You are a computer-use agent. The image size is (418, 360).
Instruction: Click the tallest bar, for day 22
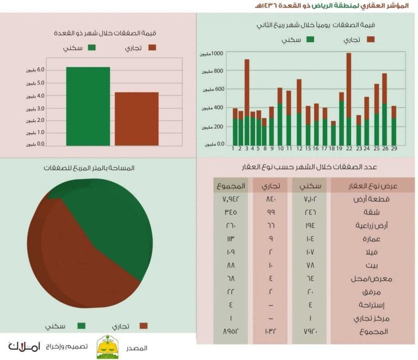pos(349,98)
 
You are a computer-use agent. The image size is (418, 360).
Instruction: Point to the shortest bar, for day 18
pos(333,133)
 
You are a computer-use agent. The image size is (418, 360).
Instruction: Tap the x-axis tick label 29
pos(394,148)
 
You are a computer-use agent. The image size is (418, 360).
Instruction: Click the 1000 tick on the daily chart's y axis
pos(217,53)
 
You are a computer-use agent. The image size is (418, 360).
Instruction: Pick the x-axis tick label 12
pos(299,148)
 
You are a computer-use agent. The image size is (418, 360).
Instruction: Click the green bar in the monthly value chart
pos(88,106)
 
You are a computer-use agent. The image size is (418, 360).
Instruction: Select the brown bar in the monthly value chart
pos(137,119)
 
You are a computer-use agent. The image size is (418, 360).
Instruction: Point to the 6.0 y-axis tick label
pos(41,70)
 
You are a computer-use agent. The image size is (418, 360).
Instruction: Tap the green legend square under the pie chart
pos(82,326)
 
